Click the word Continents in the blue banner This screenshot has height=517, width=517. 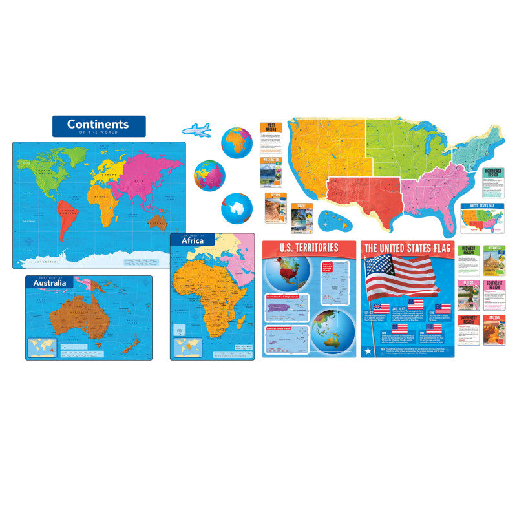(98, 124)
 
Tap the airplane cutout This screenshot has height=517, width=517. (196, 129)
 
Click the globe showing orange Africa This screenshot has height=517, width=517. (236, 142)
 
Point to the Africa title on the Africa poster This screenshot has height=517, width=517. (193, 241)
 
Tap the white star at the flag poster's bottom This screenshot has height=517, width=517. (367, 350)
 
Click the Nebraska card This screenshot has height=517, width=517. (494, 260)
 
